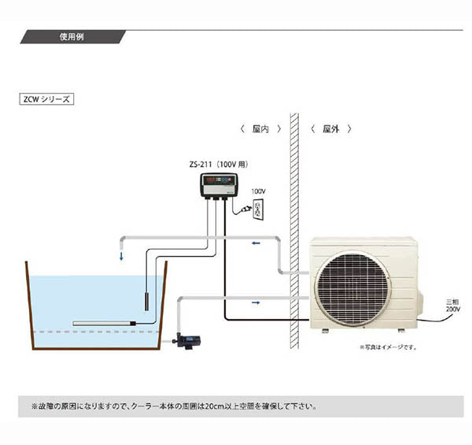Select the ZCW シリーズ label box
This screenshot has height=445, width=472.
pos(46,100)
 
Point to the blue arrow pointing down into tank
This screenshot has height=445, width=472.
pos(120,254)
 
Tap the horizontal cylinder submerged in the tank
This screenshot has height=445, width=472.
pos(102,323)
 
